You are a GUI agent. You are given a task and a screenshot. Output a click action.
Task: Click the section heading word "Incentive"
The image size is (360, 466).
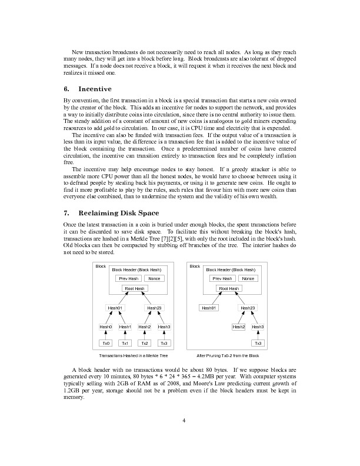(x=95, y=89)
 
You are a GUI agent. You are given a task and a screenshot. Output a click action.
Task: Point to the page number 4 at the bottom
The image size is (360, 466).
(x=184, y=420)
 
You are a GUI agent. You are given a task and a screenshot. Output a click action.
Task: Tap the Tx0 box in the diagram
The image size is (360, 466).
(x=106, y=343)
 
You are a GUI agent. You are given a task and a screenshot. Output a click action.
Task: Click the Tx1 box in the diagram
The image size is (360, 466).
(x=125, y=343)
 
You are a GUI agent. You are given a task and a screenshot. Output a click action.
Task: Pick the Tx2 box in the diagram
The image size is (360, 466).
(x=145, y=343)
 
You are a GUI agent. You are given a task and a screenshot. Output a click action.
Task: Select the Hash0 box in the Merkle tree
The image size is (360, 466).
(x=106, y=327)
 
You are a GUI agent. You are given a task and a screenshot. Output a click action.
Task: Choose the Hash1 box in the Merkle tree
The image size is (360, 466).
(x=125, y=327)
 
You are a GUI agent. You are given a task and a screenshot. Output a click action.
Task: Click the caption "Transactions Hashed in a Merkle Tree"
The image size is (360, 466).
(x=134, y=356)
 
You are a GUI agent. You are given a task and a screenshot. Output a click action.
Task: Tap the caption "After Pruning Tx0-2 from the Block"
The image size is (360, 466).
(x=228, y=356)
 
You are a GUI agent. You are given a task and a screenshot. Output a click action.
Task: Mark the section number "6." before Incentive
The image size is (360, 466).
(x=66, y=89)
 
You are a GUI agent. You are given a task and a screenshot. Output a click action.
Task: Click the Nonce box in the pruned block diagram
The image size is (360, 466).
(x=248, y=278)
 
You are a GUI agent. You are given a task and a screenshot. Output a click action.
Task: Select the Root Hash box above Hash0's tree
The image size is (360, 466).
(x=135, y=288)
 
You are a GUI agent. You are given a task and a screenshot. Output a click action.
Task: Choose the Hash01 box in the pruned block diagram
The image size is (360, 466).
(x=209, y=308)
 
